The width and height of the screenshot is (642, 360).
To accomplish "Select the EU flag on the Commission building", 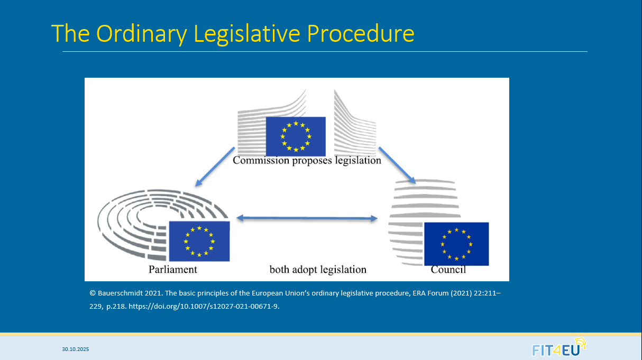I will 295,136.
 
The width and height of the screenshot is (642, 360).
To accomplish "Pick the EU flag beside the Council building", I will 456,244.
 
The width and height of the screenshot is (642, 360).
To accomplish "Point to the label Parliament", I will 172,269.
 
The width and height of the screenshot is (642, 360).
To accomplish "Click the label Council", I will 448,270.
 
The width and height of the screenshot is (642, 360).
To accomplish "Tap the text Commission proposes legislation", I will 307,160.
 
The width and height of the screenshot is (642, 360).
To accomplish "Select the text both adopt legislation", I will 318,270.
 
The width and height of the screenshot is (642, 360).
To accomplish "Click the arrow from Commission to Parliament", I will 215,167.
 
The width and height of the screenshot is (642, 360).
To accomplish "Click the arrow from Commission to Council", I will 397,165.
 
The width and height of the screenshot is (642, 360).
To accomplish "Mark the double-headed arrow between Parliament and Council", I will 307,218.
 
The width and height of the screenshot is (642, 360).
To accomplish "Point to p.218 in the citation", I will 116,306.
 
